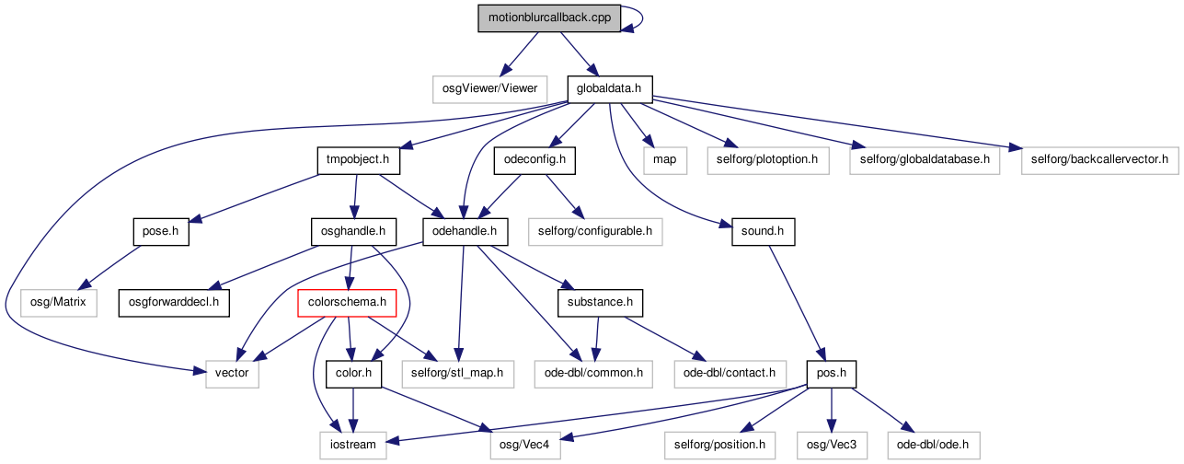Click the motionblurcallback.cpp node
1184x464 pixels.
[x=549, y=18]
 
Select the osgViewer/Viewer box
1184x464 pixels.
[x=489, y=89]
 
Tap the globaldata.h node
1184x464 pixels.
[x=609, y=89]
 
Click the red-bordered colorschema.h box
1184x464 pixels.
[x=347, y=303]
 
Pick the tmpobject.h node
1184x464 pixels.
[x=359, y=160]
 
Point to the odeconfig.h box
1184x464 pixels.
[x=535, y=160]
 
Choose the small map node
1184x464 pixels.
[x=665, y=160]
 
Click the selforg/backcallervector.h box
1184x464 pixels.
[x=1099, y=160]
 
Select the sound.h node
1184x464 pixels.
[x=763, y=232]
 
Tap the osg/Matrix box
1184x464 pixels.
[x=59, y=303]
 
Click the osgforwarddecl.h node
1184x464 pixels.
[x=174, y=303]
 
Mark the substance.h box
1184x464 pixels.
[x=600, y=303]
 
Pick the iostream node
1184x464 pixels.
[x=353, y=445]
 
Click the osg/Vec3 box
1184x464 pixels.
[x=832, y=445]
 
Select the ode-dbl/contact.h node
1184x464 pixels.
[x=730, y=374]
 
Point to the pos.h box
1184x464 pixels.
[x=832, y=374]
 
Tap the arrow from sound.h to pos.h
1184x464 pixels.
[x=797, y=303]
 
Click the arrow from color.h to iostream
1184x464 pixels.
[x=353, y=410]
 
